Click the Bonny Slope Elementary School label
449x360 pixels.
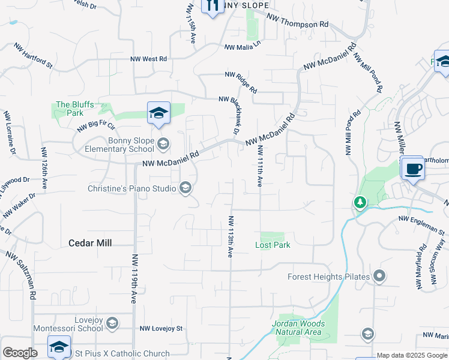pos(119,145)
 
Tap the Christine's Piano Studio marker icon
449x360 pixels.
pos(185,188)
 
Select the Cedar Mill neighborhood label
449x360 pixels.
pos(91,243)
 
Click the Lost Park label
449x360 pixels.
pos(273,245)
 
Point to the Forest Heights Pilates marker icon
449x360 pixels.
pos(379,277)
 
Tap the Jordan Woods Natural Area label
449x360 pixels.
pos(298,328)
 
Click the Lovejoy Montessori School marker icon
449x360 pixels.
pos(112,324)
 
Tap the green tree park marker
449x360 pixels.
pos(360,202)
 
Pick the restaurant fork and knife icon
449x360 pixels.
pos(211,7)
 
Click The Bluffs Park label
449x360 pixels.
pos(75,109)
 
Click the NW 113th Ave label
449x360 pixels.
pos(231,236)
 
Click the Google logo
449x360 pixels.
pos(20,353)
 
